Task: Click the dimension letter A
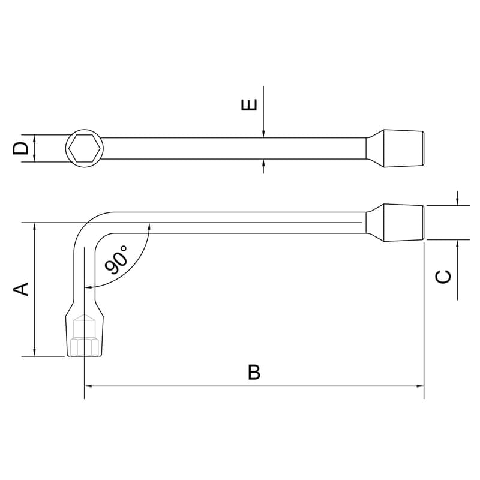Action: (x=21, y=289)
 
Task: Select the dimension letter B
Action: (x=254, y=372)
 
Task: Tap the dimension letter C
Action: (x=443, y=277)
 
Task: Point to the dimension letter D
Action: (x=20, y=148)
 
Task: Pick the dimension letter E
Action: (x=250, y=104)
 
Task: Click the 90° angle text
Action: (x=116, y=259)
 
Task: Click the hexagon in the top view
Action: (x=85, y=148)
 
